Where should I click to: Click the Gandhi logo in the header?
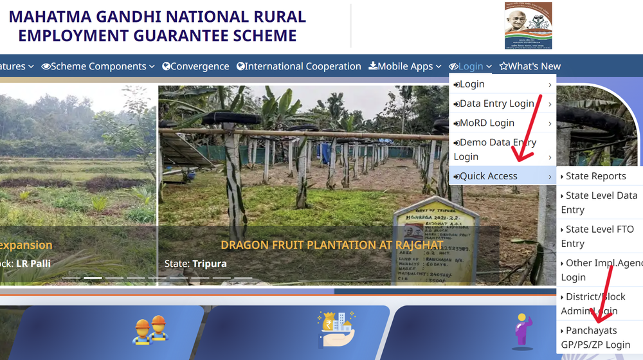[x=528, y=26]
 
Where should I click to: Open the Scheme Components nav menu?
[x=98, y=66]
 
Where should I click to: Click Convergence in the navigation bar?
[x=195, y=66]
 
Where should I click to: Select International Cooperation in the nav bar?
[x=299, y=66]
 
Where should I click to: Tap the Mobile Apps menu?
[x=404, y=66]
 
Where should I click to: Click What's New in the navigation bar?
[x=530, y=66]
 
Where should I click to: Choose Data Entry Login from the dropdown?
[x=496, y=104]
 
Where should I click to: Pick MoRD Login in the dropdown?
[x=486, y=123]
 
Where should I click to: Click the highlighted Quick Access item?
[x=489, y=176]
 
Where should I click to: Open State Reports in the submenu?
[x=595, y=176]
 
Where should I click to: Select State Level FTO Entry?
[x=599, y=236]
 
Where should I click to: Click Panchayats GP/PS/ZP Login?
[x=597, y=337]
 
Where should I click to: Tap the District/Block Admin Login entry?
[x=595, y=303]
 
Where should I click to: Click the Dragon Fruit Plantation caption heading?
[x=331, y=245]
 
